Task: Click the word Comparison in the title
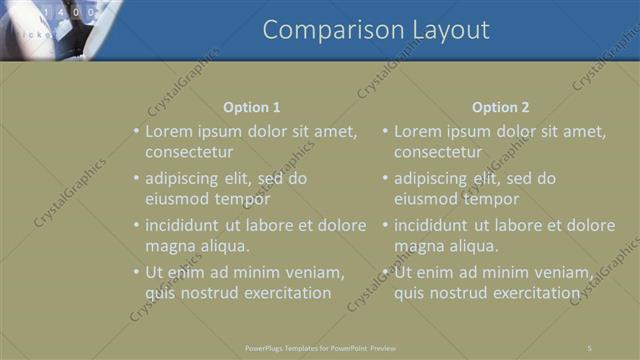[324, 30]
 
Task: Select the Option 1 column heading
[251, 107]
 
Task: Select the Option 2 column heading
[500, 107]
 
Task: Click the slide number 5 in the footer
[589, 347]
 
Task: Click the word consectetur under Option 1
[189, 153]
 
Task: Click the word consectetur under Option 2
[438, 153]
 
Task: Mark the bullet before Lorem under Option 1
[136, 131]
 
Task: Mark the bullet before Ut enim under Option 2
[385, 272]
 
